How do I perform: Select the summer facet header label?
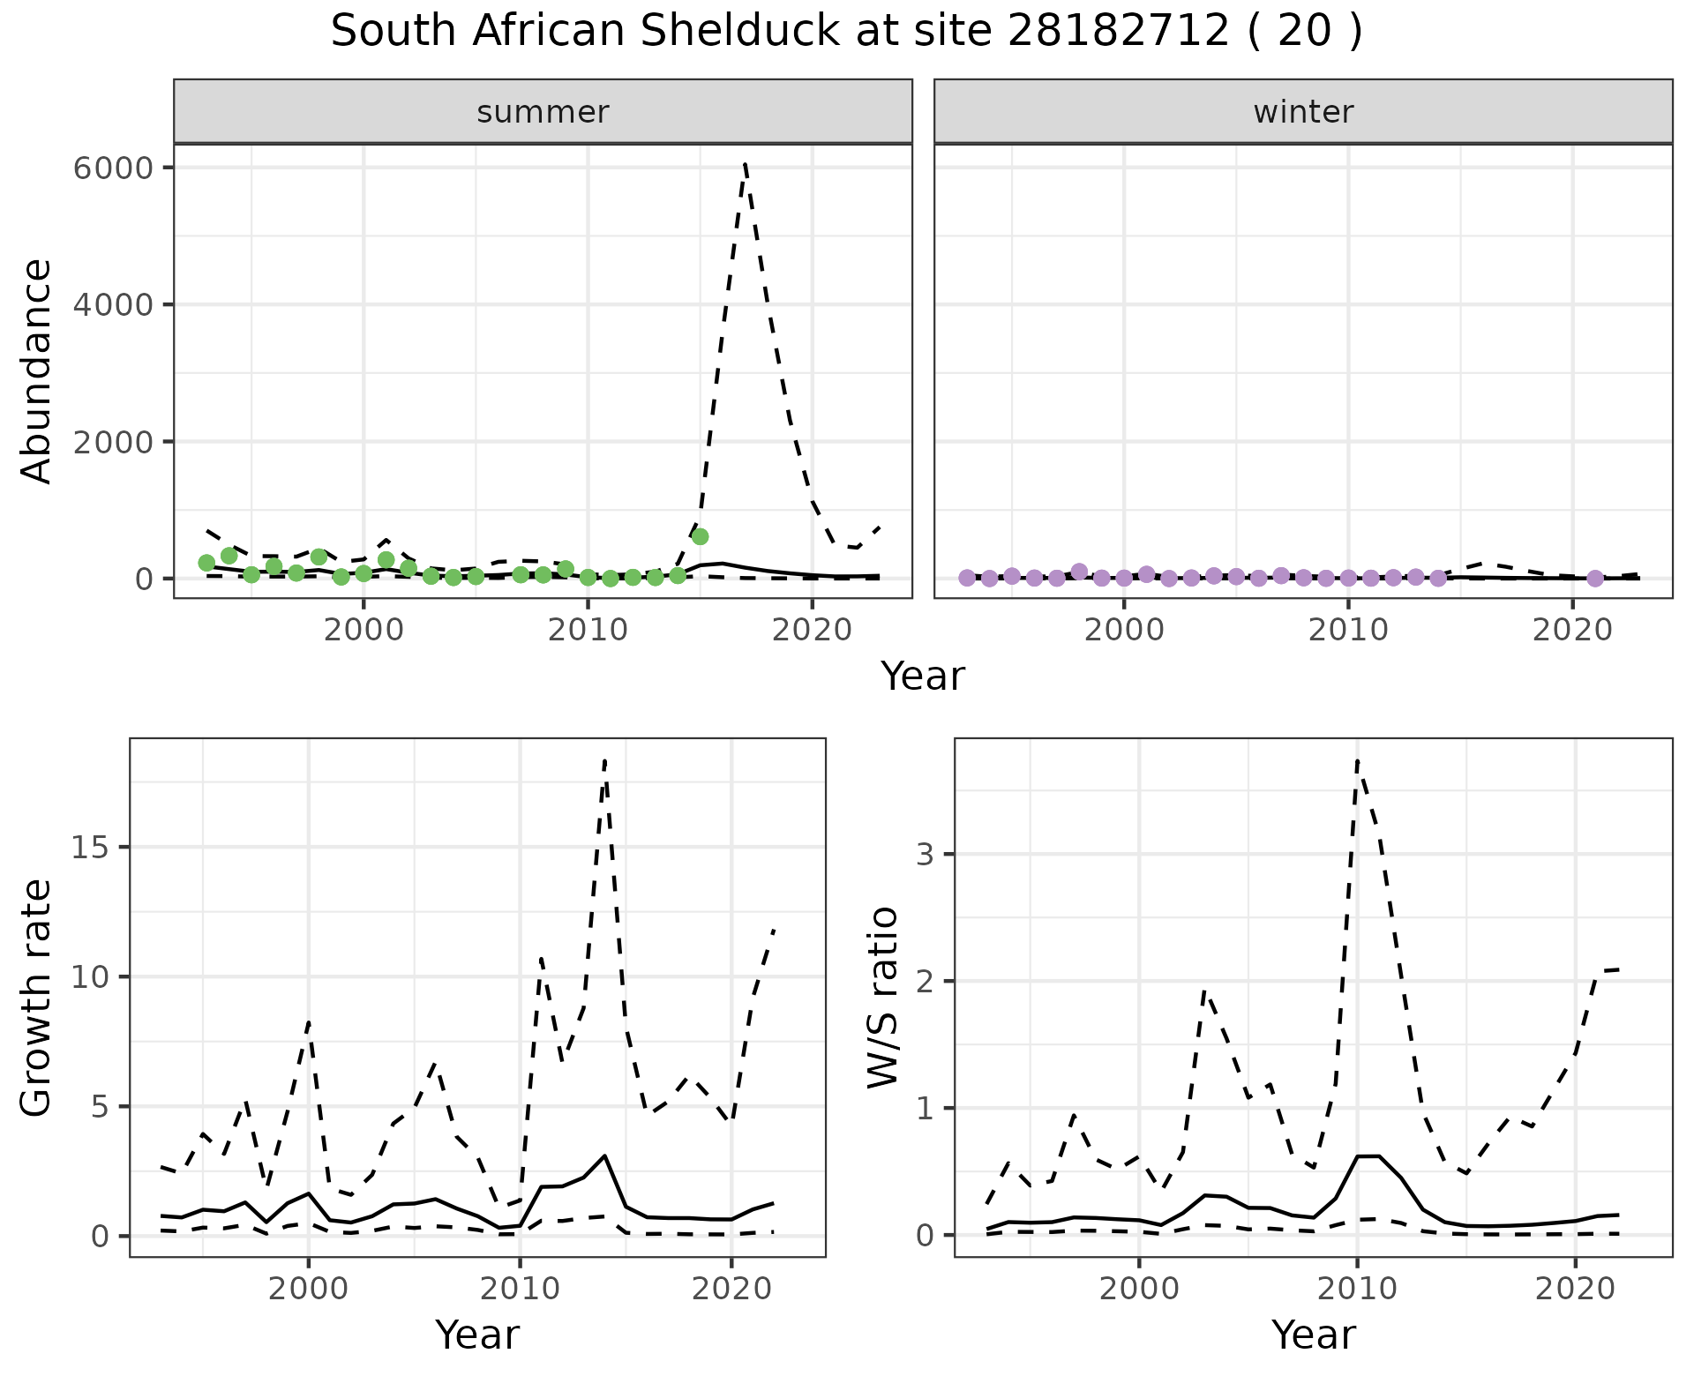point(543,112)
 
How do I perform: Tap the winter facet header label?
point(1303,112)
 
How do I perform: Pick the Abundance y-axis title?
point(37,370)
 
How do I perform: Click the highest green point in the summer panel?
point(700,536)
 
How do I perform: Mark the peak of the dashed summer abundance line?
point(746,164)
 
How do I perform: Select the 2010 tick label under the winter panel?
point(1347,630)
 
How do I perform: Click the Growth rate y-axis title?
point(37,998)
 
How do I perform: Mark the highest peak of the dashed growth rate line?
point(604,760)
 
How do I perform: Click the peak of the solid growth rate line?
point(604,1155)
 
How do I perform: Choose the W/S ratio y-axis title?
point(883,998)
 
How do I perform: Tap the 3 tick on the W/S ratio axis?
point(926,854)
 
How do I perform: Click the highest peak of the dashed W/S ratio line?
point(1357,760)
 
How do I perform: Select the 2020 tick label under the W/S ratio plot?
point(1575,1290)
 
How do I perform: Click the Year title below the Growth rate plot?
point(477,1335)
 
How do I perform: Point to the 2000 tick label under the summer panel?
point(364,630)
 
